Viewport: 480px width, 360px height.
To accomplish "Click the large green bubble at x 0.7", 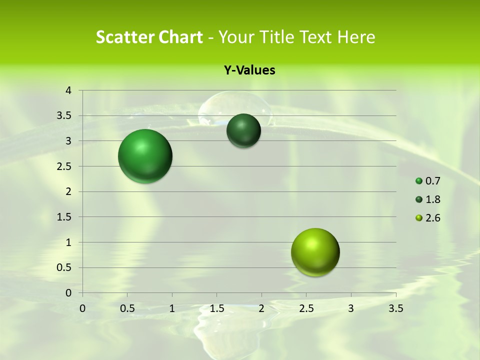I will pos(145,156).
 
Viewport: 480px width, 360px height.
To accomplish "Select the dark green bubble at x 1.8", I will pos(243,130).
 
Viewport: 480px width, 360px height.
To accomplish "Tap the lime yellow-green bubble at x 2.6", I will pos(315,252).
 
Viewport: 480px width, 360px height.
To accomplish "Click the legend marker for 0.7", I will pos(419,181).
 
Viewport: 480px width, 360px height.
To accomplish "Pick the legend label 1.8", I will pos(432,199).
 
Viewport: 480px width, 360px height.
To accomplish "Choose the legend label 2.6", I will pos(432,218).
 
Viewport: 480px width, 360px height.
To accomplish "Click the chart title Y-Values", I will pos(249,70).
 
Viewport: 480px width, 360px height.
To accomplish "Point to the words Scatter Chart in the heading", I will pos(149,37).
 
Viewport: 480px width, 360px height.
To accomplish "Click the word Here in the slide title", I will pos(356,37).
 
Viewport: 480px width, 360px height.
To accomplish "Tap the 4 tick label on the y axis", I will pos(68,90).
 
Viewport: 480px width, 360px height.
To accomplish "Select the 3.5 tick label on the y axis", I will pos(64,116).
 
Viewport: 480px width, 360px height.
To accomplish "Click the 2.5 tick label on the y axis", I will pos(64,166).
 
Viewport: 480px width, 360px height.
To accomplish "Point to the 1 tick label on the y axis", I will pos(68,242).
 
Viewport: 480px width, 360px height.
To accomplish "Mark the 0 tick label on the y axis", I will pos(68,293).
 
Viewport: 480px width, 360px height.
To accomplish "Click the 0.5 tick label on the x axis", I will pos(127,308).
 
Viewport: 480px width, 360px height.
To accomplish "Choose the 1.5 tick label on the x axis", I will pos(217,308).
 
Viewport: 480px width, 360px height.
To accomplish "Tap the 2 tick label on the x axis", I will pos(261,308).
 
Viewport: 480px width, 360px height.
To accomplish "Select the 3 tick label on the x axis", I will pos(351,308).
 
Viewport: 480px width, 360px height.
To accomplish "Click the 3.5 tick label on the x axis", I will pos(395,308).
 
